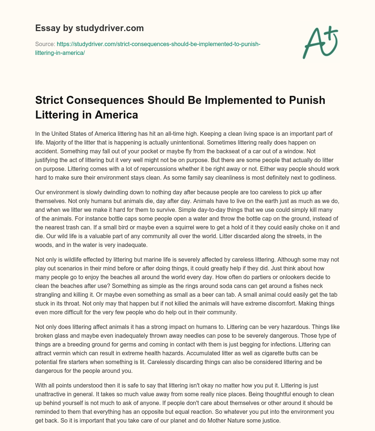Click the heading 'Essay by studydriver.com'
[x=89, y=28]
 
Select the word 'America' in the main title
[x=116, y=115]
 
